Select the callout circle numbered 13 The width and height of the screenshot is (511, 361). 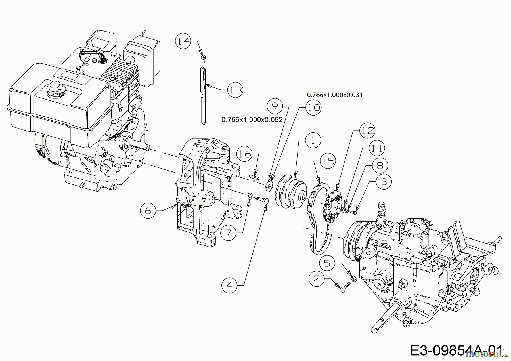click(x=235, y=90)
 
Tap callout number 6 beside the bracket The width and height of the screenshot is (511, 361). click(x=148, y=211)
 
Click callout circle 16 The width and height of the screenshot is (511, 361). click(x=244, y=154)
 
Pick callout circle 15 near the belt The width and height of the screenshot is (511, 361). click(x=328, y=161)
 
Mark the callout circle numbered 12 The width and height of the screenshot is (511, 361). click(x=367, y=131)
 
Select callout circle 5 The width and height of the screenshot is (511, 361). click(x=327, y=264)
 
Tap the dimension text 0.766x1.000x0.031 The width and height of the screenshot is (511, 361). click(x=335, y=95)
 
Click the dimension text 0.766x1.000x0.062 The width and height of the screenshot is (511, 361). click(x=252, y=120)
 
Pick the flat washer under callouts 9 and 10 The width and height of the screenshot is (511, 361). click(x=269, y=186)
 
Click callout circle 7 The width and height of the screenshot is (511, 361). click(x=229, y=233)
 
